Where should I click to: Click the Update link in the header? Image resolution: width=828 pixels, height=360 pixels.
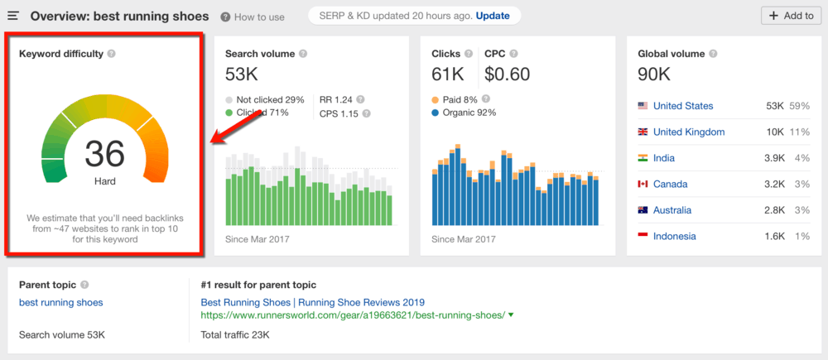493,16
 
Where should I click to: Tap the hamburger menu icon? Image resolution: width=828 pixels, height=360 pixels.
13,16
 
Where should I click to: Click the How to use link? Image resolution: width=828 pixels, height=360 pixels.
253,17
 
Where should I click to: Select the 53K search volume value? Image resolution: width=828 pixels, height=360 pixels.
242,74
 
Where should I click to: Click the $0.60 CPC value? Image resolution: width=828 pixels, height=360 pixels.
508,74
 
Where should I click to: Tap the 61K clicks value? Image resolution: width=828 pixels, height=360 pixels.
448,74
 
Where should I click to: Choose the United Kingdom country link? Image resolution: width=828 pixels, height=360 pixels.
688,132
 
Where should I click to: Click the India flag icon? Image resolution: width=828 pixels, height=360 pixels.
643,158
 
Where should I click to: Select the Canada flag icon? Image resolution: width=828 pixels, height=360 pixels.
643,184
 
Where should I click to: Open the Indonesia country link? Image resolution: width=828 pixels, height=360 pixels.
674,236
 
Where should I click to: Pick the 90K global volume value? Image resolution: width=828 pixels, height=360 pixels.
654,74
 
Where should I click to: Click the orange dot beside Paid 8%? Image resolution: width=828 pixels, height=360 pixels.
435,100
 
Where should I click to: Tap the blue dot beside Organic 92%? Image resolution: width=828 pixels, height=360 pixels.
435,113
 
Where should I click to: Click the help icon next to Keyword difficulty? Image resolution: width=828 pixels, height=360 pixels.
112,55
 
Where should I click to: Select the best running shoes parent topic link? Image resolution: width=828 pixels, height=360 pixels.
61,302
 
